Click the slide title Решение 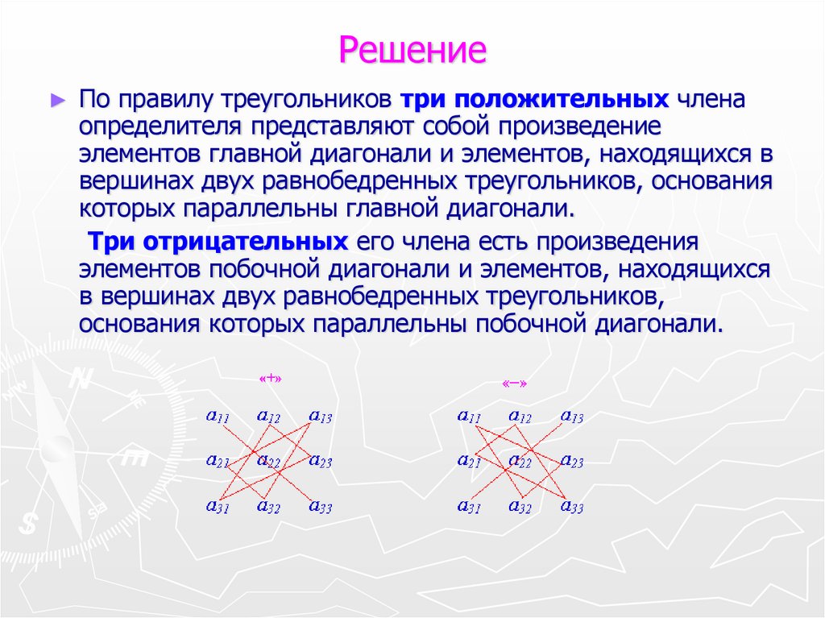click(412, 49)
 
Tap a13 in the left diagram click(320, 417)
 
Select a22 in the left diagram click(268, 462)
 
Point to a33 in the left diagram click(320, 507)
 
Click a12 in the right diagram click(520, 417)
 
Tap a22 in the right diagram click(520, 462)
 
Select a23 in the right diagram click(571, 462)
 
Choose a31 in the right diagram click(469, 507)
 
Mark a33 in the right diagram click(571, 507)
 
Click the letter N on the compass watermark click(79, 379)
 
